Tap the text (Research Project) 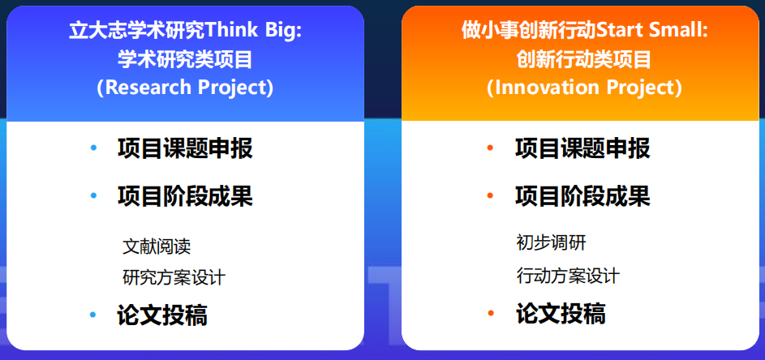185,88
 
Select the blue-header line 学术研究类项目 185,59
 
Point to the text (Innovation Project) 584,88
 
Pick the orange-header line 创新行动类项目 584,59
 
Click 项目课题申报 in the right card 582,148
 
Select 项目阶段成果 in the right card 582,196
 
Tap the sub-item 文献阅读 157,246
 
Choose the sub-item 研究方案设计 174,277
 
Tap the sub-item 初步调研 551,243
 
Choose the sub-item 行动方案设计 568,276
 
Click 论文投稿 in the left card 162,315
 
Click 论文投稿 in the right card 561,314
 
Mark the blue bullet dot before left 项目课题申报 94,148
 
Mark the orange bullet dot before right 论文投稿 491,314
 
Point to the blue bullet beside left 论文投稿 94,315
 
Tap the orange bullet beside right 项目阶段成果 491,196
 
